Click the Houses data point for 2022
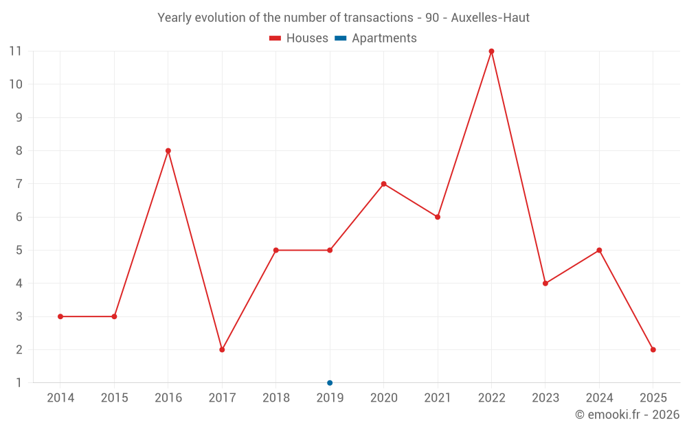[491, 51]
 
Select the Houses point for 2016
[168, 151]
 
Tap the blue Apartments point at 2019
[330, 383]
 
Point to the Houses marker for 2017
[222, 349]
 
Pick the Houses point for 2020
[383, 184]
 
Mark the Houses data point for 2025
[653, 349]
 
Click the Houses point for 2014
[60, 316]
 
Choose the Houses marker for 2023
[545, 283]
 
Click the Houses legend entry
[299, 38]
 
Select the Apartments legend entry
[376, 38]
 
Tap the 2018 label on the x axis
[275, 398]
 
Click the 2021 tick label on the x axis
[438, 398]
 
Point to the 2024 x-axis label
[599, 398]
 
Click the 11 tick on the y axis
[15, 51]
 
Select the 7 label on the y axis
[19, 184]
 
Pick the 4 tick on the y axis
[19, 283]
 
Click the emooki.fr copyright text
[627, 415]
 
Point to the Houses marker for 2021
[438, 217]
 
